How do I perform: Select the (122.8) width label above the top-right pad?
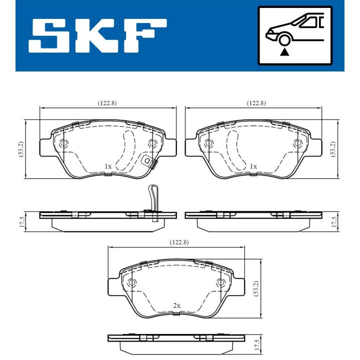[x=256, y=103]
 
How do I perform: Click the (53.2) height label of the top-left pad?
[x=21, y=149]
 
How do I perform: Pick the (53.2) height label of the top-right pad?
[x=333, y=149]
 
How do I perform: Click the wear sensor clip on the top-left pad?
[x=148, y=162]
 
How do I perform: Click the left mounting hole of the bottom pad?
[x=131, y=283]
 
